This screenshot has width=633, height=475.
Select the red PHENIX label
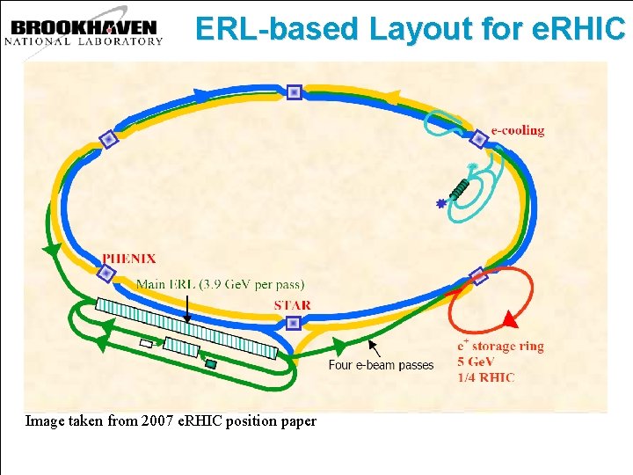click(x=128, y=259)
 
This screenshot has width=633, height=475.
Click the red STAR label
click(x=292, y=305)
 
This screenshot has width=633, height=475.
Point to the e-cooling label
click(x=517, y=130)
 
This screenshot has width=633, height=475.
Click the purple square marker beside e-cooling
click(x=478, y=138)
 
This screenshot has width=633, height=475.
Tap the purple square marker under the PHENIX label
click(x=106, y=274)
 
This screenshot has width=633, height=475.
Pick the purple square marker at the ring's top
click(x=294, y=91)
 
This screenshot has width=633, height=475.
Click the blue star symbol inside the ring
click(x=440, y=203)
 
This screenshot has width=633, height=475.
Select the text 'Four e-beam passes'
click(x=381, y=364)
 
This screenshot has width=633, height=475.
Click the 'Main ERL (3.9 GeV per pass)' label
click(x=221, y=284)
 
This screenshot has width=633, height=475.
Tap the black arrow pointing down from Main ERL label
click(x=187, y=308)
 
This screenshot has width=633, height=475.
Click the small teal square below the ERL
click(x=211, y=363)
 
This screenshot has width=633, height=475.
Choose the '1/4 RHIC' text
click(x=485, y=377)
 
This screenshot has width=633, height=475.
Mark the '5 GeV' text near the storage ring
click(x=477, y=362)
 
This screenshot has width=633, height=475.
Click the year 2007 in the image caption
click(x=122, y=421)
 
